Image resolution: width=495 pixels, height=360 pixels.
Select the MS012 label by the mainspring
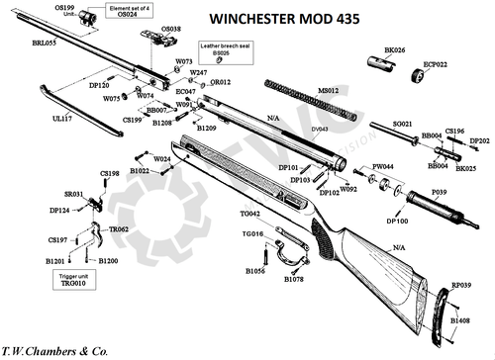tap(328, 90)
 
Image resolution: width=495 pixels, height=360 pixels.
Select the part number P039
tap(440, 189)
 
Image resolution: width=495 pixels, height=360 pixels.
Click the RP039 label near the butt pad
tap(460, 285)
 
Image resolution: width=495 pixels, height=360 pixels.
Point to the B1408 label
tap(460, 320)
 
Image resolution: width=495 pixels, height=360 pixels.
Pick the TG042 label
tap(250, 214)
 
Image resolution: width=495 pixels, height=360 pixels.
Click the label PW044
tap(384, 166)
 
